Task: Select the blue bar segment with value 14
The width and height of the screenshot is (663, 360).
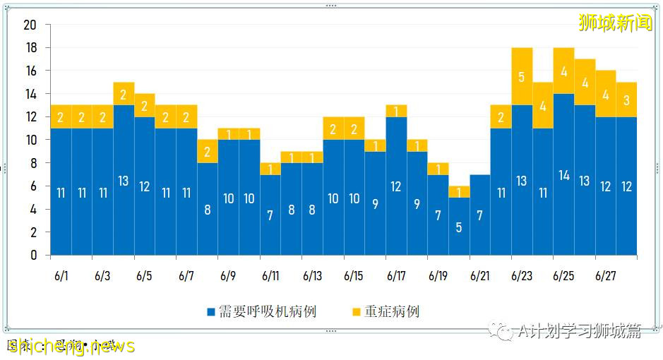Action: tap(563, 174)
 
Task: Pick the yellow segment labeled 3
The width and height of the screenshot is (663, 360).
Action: tap(626, 100)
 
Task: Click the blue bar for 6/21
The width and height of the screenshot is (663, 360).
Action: tap(480, 215)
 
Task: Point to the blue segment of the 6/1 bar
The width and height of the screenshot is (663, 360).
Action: tap(61, 191)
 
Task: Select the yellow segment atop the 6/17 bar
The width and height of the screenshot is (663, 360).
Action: tap(396, 111)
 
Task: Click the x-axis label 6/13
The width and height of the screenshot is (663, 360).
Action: tap(312, 275)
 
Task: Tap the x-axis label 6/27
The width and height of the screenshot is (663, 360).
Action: tap(606, 275)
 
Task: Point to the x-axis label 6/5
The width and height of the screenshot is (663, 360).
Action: tap(144, 275)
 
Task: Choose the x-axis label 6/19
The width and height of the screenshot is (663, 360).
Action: tap(438, 275)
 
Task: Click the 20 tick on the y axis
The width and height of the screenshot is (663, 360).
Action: tap(30, 25)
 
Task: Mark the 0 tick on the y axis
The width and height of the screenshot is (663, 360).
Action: tap(33, 256)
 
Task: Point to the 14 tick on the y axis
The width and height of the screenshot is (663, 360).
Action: tap(30, 94)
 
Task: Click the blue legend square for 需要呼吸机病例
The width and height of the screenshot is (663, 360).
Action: tap(211, 312)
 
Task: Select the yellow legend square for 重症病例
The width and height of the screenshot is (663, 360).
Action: tap(356, 312)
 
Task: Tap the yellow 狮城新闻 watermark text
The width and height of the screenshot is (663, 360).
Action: tap(615, 23)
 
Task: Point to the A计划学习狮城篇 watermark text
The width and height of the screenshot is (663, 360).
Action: tap(578, 331)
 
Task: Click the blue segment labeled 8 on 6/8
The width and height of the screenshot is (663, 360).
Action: tap(208, 209)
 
